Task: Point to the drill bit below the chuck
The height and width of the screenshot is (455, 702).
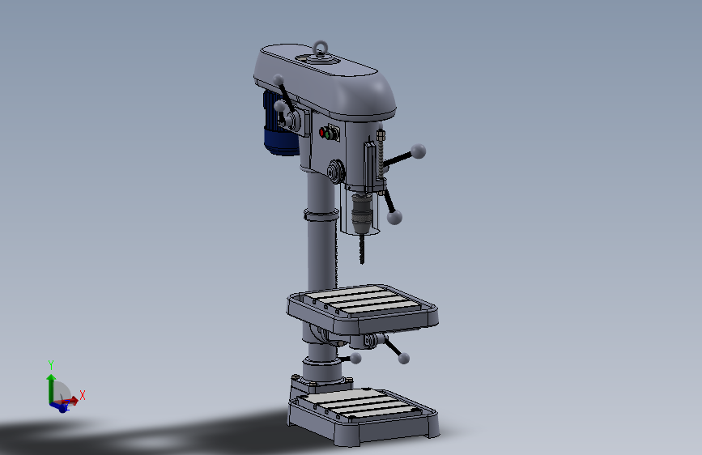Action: coord(361,248)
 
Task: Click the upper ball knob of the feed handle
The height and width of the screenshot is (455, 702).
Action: coord(419,150)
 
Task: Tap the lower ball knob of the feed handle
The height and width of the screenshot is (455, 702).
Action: coord(394,217)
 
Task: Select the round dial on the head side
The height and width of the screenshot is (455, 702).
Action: coord(334,172)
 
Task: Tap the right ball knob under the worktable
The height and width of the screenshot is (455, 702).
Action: coord(404,358)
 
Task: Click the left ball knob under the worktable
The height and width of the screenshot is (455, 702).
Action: coord(355,358)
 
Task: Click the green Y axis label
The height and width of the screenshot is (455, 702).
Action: coord(50,364)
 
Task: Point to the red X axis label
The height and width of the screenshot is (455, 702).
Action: coord(83,395)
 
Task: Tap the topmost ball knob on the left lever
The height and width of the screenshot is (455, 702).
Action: coord(279,79)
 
